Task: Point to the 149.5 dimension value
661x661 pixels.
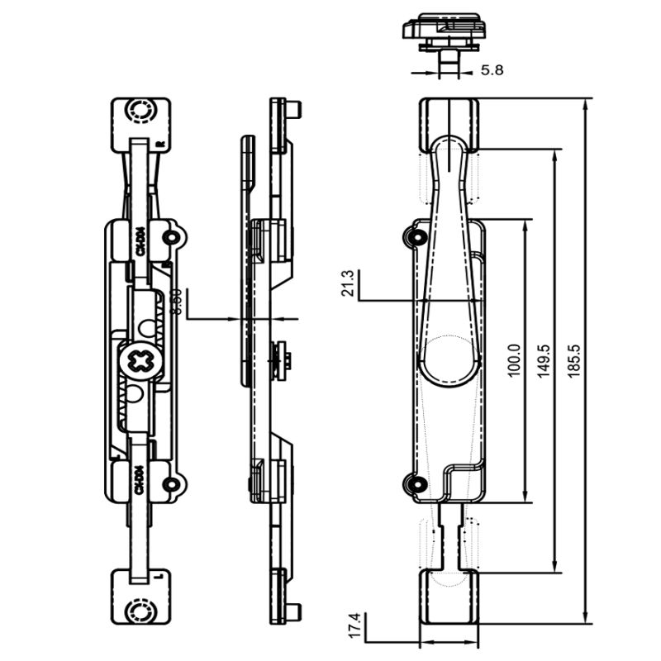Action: [544, 361]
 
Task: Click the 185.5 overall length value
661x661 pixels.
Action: [575, 361]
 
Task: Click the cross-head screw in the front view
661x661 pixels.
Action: [138, 361]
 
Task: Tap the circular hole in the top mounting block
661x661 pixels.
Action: [138, 110]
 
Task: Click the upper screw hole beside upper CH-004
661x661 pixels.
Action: [171, 238]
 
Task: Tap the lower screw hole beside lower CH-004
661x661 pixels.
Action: [171, 485]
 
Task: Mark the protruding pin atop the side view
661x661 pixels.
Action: [293, 109]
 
